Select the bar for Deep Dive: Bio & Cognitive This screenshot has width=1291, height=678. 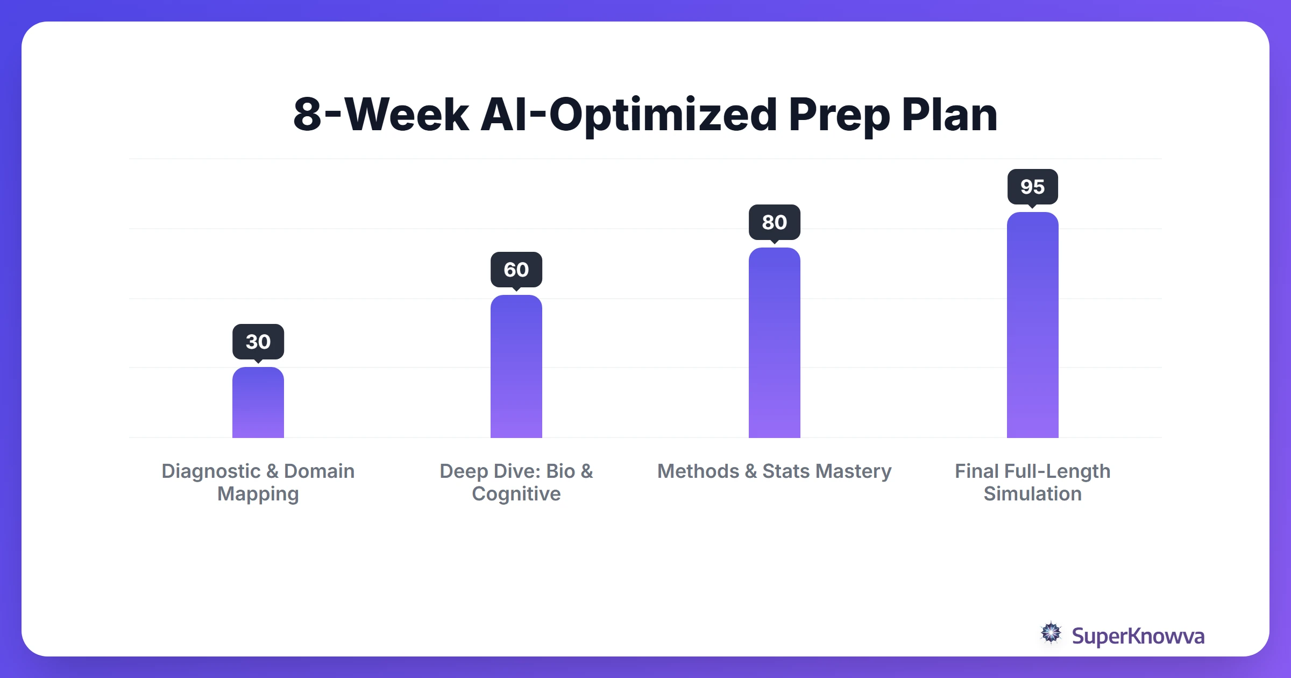point(516,366)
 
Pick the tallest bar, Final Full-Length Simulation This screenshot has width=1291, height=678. point(1033,325)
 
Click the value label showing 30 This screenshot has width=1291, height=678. point(258,342)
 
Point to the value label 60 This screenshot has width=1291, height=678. point(516,270)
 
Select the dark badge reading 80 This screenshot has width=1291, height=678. point(775,222)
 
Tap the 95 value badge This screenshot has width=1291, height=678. point(1033,187)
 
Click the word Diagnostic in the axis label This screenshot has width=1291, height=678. point(211,471)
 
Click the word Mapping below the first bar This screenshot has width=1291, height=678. point(258,494)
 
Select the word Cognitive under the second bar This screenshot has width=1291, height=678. point(516,494)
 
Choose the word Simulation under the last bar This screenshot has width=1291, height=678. point(1033,494)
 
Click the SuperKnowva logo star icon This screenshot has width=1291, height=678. point(1051,633)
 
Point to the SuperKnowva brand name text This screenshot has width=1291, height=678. point(1138,636)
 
